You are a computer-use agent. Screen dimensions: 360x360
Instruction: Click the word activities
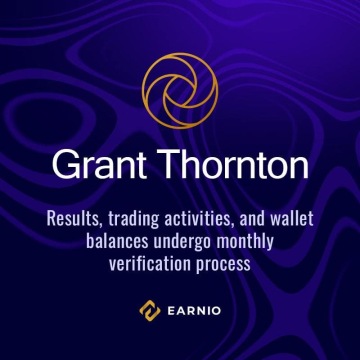pyautogui.click(x=214, y=218)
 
